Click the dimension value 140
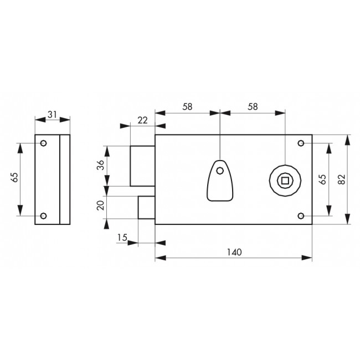(x=234, y=252)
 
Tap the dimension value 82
(x=342, y=179)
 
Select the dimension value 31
(x=52, y=114)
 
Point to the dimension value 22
(x=142, y=120)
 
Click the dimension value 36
(x=100, y=165)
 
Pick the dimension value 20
(x=100, y=205)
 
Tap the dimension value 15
(x=122, y=238)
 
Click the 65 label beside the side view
(x=14, y=177)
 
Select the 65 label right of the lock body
(x=322, y=179)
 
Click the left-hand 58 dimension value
(x=187, y=106)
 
